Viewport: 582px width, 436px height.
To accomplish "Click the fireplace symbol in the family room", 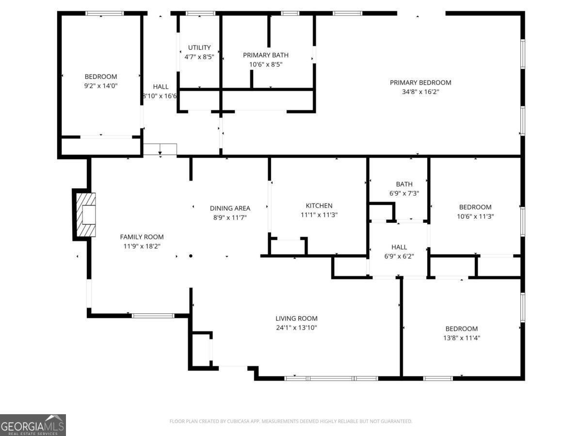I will pos(85,215).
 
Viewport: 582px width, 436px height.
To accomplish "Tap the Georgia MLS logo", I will pos(32,425).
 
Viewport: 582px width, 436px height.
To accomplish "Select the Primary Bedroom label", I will pos(420,82).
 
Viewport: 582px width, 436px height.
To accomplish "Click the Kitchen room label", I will pos(319,205).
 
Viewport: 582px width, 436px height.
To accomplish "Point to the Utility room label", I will pos(199,47).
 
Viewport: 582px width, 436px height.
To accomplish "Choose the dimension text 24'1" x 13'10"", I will pos(296,327).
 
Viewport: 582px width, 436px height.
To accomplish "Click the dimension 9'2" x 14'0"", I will pos(101,85).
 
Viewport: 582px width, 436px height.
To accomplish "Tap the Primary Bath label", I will pos(265,55).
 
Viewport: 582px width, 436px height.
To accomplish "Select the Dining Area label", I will pos(230,208).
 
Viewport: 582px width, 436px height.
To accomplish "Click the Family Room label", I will pos(142,237).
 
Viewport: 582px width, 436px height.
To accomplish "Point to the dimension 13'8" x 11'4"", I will pos(461,338).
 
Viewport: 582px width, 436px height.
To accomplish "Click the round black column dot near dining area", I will pos(191,256).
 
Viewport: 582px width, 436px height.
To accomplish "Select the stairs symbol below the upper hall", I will pos(160,149).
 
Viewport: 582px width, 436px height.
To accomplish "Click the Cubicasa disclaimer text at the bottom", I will pos(291,421).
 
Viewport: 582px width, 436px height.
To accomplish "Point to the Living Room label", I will pos(296,318).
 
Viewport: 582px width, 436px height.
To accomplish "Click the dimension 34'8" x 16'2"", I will pos(420,92).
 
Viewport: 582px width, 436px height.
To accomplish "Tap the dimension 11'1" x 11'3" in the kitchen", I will pos(319,215).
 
